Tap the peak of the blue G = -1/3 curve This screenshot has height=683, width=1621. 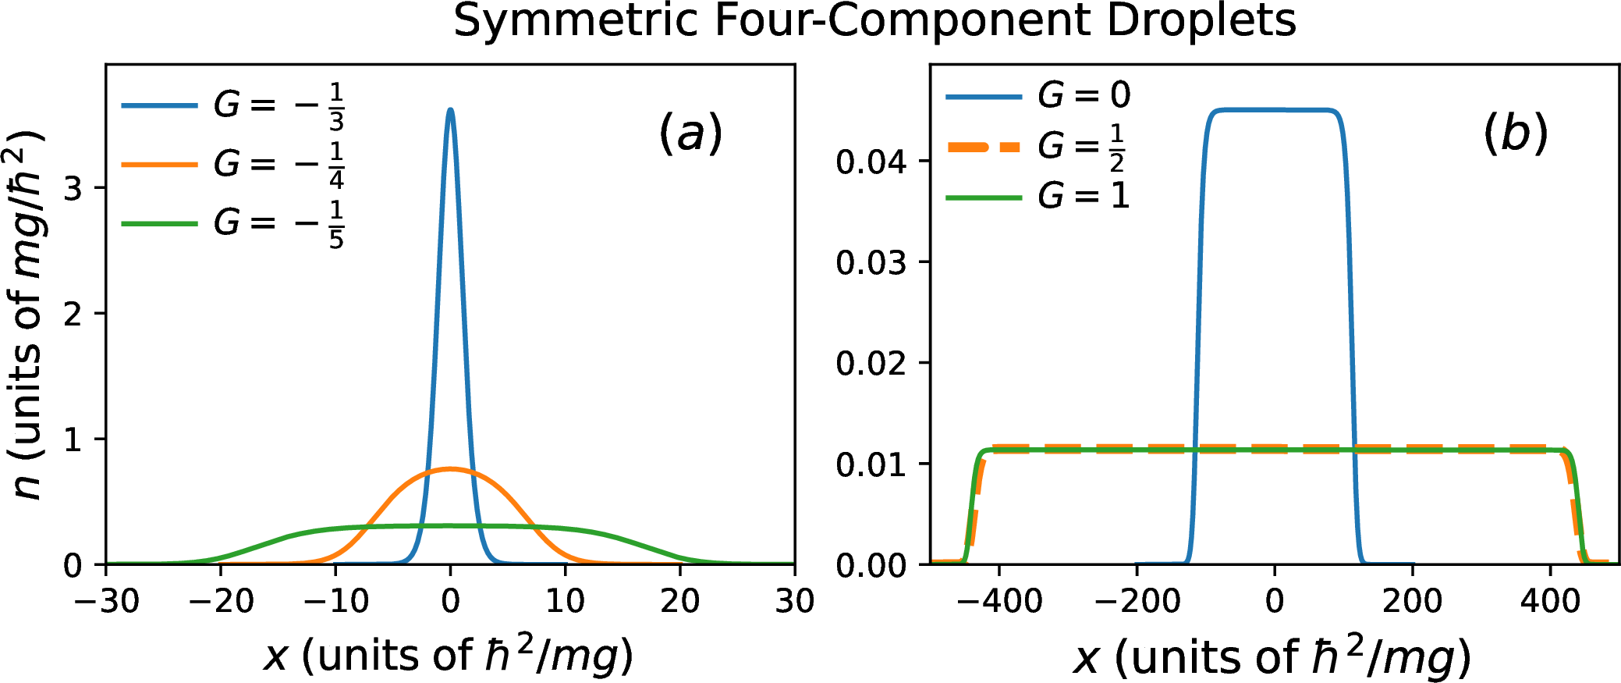tap(450, 110)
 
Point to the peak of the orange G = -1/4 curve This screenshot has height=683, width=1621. tap(450, 469)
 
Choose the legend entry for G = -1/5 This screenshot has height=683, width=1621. tap(233, 224)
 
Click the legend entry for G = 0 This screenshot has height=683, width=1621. tap(1038, 96)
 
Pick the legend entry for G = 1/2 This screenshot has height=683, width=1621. tap(1037, 146)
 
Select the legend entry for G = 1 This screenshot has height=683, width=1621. tap(1038, 196)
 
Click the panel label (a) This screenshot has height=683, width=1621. tap(691, 133)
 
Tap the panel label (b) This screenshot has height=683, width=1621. tap(1515, 133)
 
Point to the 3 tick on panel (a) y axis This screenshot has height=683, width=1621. tap(73, 188)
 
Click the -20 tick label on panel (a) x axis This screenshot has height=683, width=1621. tap(221, 602)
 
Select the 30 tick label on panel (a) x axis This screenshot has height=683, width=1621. tap(794, 602)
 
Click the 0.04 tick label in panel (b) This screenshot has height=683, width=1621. tap(871, 162)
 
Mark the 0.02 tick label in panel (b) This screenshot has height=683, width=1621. tap(871, 364)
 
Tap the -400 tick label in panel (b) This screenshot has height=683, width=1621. tap(999, 602)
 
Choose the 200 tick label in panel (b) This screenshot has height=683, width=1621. tap(1412, 602)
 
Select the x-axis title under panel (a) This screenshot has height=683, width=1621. tap(449, 656)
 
